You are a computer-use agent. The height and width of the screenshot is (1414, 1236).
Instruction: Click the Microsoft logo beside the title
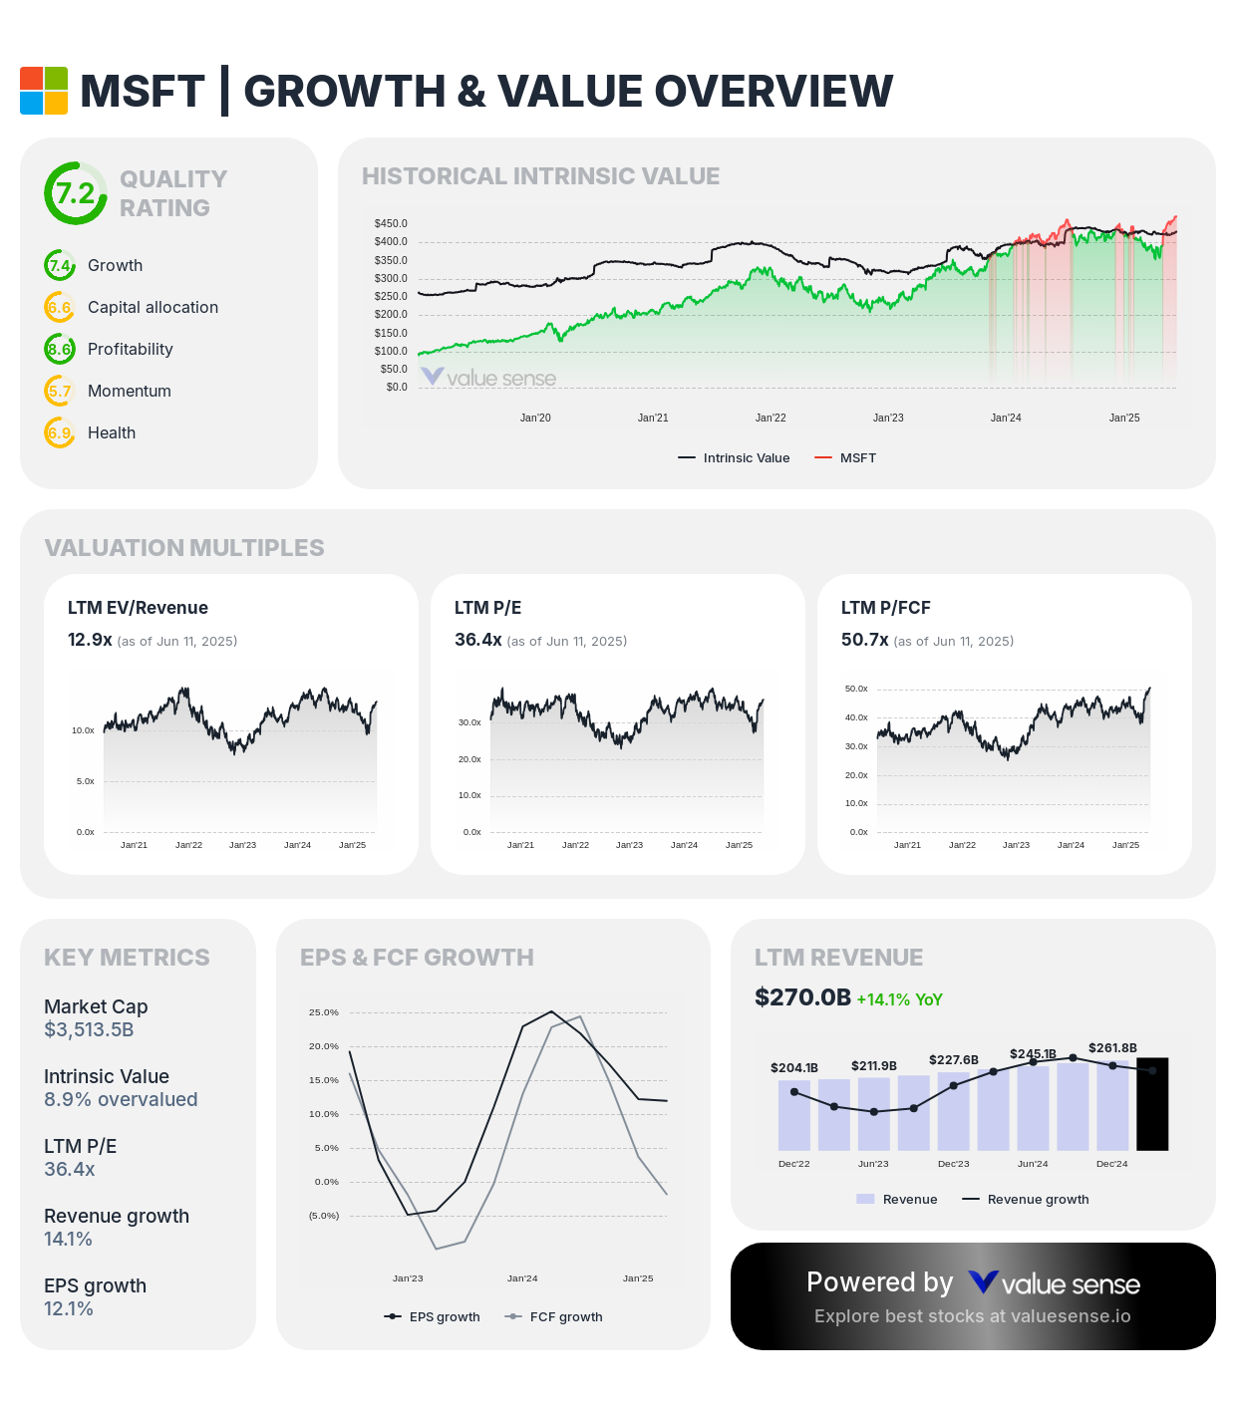pos(44,91)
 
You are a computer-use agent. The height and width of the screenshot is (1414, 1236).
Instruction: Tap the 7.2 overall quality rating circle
pos(75,193)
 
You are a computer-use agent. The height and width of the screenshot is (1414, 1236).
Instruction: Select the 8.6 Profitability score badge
pos(60,350)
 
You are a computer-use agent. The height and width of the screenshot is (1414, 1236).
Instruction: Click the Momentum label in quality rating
pos(130,392)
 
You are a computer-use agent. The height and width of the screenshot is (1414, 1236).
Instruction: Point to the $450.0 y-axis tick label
pos(391,224)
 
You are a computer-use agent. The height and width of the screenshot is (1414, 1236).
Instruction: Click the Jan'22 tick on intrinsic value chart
pos(771,419)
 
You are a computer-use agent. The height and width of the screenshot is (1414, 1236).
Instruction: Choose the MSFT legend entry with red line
pos(845,458)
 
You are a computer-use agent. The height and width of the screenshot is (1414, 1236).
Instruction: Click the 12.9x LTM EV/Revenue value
pos(90,640)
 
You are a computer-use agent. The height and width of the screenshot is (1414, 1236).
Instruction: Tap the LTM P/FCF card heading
pos(885,608)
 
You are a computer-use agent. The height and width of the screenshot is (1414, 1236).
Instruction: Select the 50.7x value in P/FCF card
pos(864,640)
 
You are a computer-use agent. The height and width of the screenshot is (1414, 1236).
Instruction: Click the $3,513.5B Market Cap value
pos(89,1030)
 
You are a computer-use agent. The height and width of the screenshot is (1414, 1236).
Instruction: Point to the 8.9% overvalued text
pos(121,1100)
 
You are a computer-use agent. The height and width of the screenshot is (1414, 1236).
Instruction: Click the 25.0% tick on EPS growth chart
pos(324,1012)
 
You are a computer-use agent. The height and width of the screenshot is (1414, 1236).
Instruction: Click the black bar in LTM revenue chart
pos(1152,1104)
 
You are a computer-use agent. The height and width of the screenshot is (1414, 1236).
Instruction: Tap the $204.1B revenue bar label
pos(793,1068)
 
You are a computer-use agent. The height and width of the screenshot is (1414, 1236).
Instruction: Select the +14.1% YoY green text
pos(899,999)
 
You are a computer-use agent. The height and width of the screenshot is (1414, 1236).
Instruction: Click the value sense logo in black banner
pos(1054,1283)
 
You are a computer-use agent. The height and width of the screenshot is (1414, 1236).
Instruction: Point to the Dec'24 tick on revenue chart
pos(1111,1164)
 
